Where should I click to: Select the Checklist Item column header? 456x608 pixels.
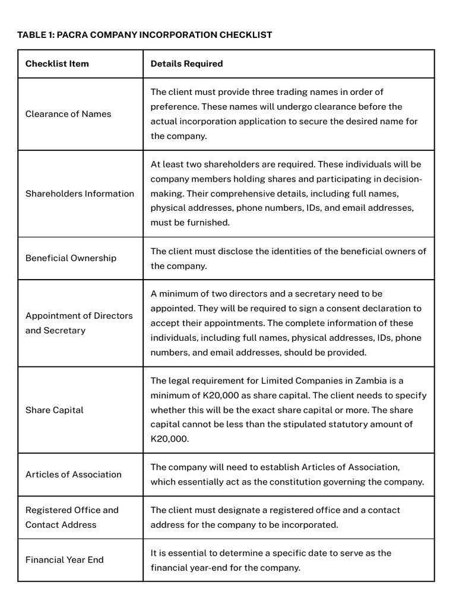[57, 64]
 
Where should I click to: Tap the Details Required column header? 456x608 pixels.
[186, 64]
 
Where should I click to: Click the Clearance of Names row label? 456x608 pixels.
[68, 114]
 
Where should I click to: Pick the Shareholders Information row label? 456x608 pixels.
[80, 194]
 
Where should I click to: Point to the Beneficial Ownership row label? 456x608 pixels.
[71, 258]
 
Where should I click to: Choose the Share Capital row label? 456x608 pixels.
[55, 410]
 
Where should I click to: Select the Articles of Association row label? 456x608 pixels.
[73, 474]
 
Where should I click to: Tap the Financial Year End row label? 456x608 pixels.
[64, 560]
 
